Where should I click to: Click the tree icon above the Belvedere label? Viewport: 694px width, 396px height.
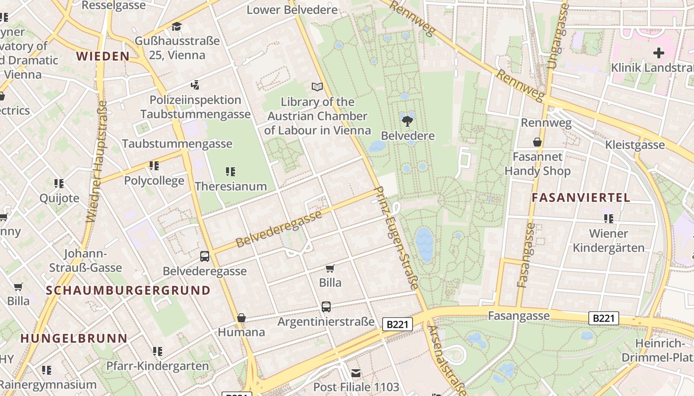407,121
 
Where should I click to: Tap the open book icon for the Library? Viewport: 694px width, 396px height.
317,87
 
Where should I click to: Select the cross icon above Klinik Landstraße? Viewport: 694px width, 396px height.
658,52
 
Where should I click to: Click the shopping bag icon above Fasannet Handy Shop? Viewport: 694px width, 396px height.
537,143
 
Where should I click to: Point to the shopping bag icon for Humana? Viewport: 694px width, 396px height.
241,318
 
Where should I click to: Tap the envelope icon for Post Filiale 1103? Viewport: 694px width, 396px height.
356,373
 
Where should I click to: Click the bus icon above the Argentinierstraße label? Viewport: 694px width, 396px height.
326,307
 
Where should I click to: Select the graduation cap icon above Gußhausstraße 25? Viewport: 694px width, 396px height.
177,26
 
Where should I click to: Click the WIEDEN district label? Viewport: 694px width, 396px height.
103,56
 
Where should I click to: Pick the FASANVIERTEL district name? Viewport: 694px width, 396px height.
581,198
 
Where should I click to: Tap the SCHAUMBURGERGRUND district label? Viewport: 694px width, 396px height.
128,291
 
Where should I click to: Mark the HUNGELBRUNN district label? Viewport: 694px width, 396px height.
74,339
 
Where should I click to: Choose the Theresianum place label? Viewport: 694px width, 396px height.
231,187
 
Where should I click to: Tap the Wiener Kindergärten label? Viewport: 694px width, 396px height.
609,241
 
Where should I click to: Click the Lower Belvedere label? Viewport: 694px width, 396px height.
292,10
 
